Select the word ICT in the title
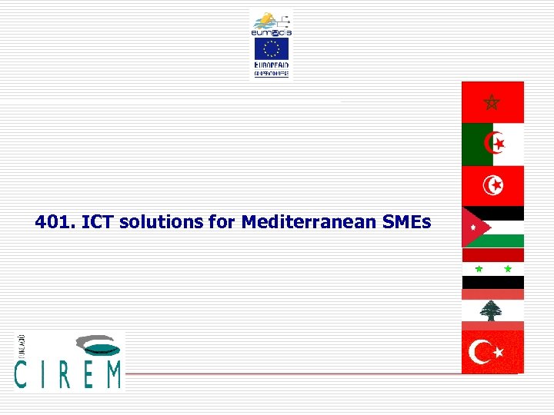coord(96,223)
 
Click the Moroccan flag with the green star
coord(492,102)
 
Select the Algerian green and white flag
coord(492,144)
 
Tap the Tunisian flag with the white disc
coord(492,186)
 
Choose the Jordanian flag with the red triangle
coord(492,227)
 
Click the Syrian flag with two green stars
coord(492,269)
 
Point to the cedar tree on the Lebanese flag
coord(491,310)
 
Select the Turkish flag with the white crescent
coord(492,352)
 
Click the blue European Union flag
coord(271,50)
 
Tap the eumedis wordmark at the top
coord(271,32)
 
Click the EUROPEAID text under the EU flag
coord(271,66)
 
